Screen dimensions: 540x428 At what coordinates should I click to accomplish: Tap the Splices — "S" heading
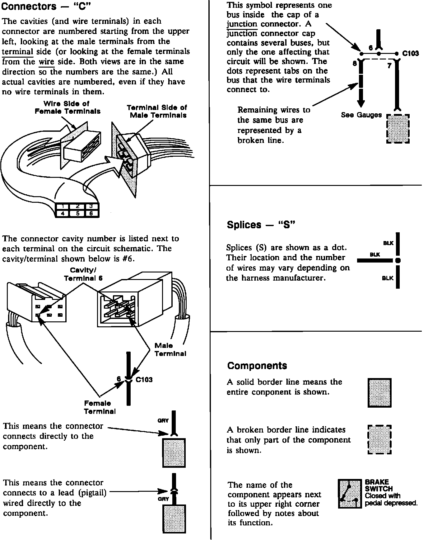261,225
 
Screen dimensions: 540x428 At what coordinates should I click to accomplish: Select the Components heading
257,365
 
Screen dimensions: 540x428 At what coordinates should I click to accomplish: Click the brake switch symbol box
350,494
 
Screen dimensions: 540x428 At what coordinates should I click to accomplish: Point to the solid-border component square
379,393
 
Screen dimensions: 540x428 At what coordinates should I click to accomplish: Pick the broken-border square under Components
379,440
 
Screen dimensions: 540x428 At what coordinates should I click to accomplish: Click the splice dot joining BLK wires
398,260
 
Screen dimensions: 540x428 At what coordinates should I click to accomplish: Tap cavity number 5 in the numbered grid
77,214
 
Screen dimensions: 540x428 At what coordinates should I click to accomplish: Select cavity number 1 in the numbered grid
63,206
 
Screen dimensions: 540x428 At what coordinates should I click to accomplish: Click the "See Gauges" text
361,115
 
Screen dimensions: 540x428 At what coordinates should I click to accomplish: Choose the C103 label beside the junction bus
410,53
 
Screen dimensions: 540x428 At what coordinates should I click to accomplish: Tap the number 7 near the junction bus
389,66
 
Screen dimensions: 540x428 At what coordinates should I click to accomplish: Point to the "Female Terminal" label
100,407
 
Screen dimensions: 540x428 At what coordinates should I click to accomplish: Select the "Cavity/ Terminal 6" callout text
83,274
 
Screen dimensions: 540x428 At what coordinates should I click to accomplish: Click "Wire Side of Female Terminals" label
67,107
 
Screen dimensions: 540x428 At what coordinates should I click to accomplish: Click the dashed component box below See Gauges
398,129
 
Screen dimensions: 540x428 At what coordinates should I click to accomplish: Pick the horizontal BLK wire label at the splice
375,254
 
